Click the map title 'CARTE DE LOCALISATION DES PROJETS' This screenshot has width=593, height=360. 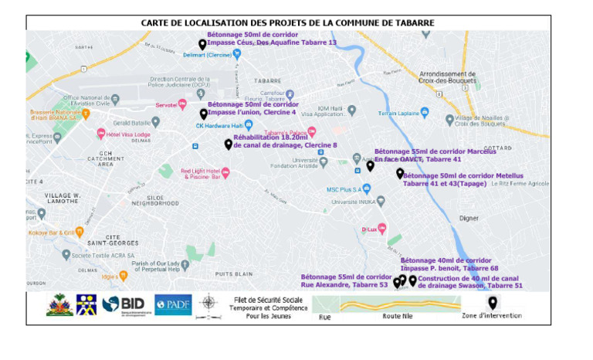point(287,22)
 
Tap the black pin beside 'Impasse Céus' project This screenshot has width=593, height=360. point(202,45)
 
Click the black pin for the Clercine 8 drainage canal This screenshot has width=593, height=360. point(228,144)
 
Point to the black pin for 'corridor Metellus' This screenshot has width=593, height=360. point(399,174)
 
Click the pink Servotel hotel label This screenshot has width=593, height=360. point(166,104)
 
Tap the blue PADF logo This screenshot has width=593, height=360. point(173,304)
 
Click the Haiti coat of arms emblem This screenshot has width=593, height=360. point(59,304)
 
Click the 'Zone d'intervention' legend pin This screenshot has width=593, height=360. point(492,303)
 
